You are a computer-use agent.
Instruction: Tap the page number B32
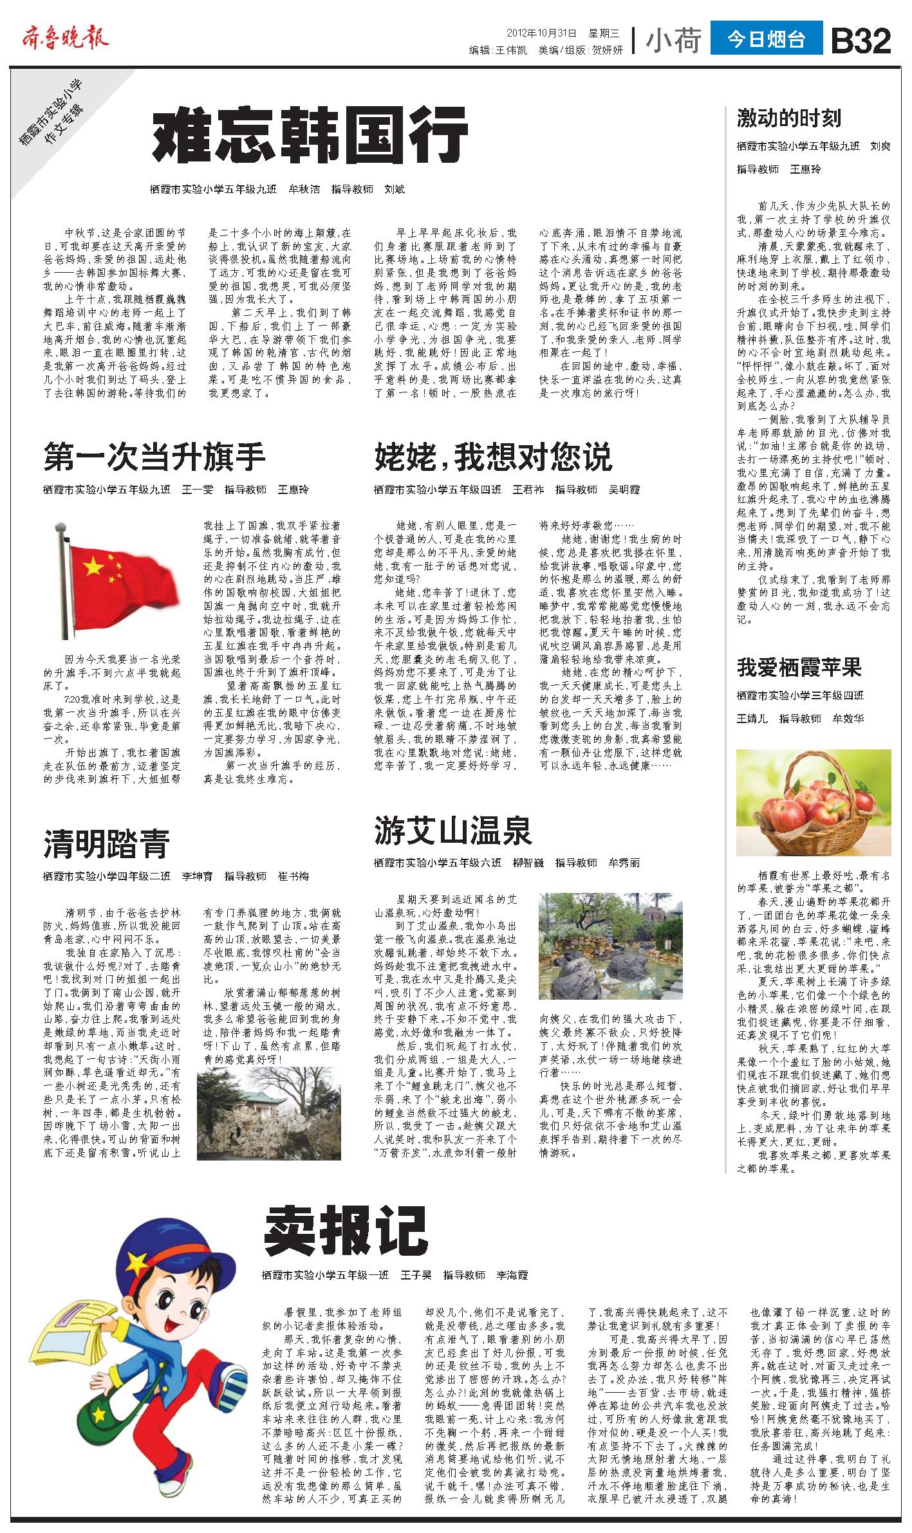[861, 42]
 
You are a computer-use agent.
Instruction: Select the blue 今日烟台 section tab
[766, 39]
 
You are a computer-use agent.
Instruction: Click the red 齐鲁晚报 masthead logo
[64, 38]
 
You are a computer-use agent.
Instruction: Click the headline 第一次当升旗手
[154, 457]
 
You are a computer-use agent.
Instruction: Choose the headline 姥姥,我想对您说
[493, 457]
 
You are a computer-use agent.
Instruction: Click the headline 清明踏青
[106, 843]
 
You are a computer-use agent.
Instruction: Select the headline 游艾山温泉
[453, 830]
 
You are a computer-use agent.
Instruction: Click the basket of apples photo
[814, 802]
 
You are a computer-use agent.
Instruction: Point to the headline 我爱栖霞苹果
[799, 668]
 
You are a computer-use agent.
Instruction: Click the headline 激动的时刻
[788, 118]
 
